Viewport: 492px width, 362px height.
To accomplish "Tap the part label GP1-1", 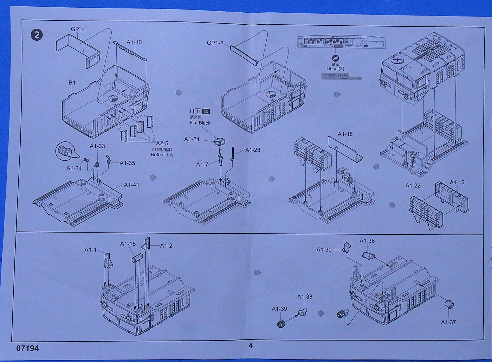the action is tap(79, 29).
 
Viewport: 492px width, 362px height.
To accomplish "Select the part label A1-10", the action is tap(134, 42).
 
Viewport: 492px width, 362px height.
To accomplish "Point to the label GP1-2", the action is tap(215, 43).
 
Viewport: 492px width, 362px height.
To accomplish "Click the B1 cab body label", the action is tap(72, 83).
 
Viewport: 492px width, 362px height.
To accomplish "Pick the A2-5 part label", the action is tap(162, 143).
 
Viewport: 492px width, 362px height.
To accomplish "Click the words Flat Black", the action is tap(200, 123).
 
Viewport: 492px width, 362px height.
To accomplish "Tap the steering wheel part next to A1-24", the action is tap(220, 141).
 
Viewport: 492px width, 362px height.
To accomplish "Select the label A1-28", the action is tap(253, 150).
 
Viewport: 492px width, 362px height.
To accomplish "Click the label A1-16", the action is tap(345, 134).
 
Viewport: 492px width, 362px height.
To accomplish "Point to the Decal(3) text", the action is tap(335, 69).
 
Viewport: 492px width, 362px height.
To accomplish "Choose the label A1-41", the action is tap(131, 185).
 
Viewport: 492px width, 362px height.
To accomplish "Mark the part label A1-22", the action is tap(413, 185).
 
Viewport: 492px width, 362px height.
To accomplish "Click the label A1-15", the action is tap(457, 182).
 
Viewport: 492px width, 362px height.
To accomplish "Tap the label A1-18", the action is tap(128, 244).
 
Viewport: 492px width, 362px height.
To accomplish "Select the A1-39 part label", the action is tap(279, 309).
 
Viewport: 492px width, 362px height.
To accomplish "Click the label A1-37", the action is tap(448, 322).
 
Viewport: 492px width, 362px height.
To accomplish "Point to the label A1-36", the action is tap(367, 241).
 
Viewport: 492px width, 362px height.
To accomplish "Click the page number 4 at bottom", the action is tap(251, 345).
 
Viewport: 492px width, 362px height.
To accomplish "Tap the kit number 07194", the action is tap(27, 348).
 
